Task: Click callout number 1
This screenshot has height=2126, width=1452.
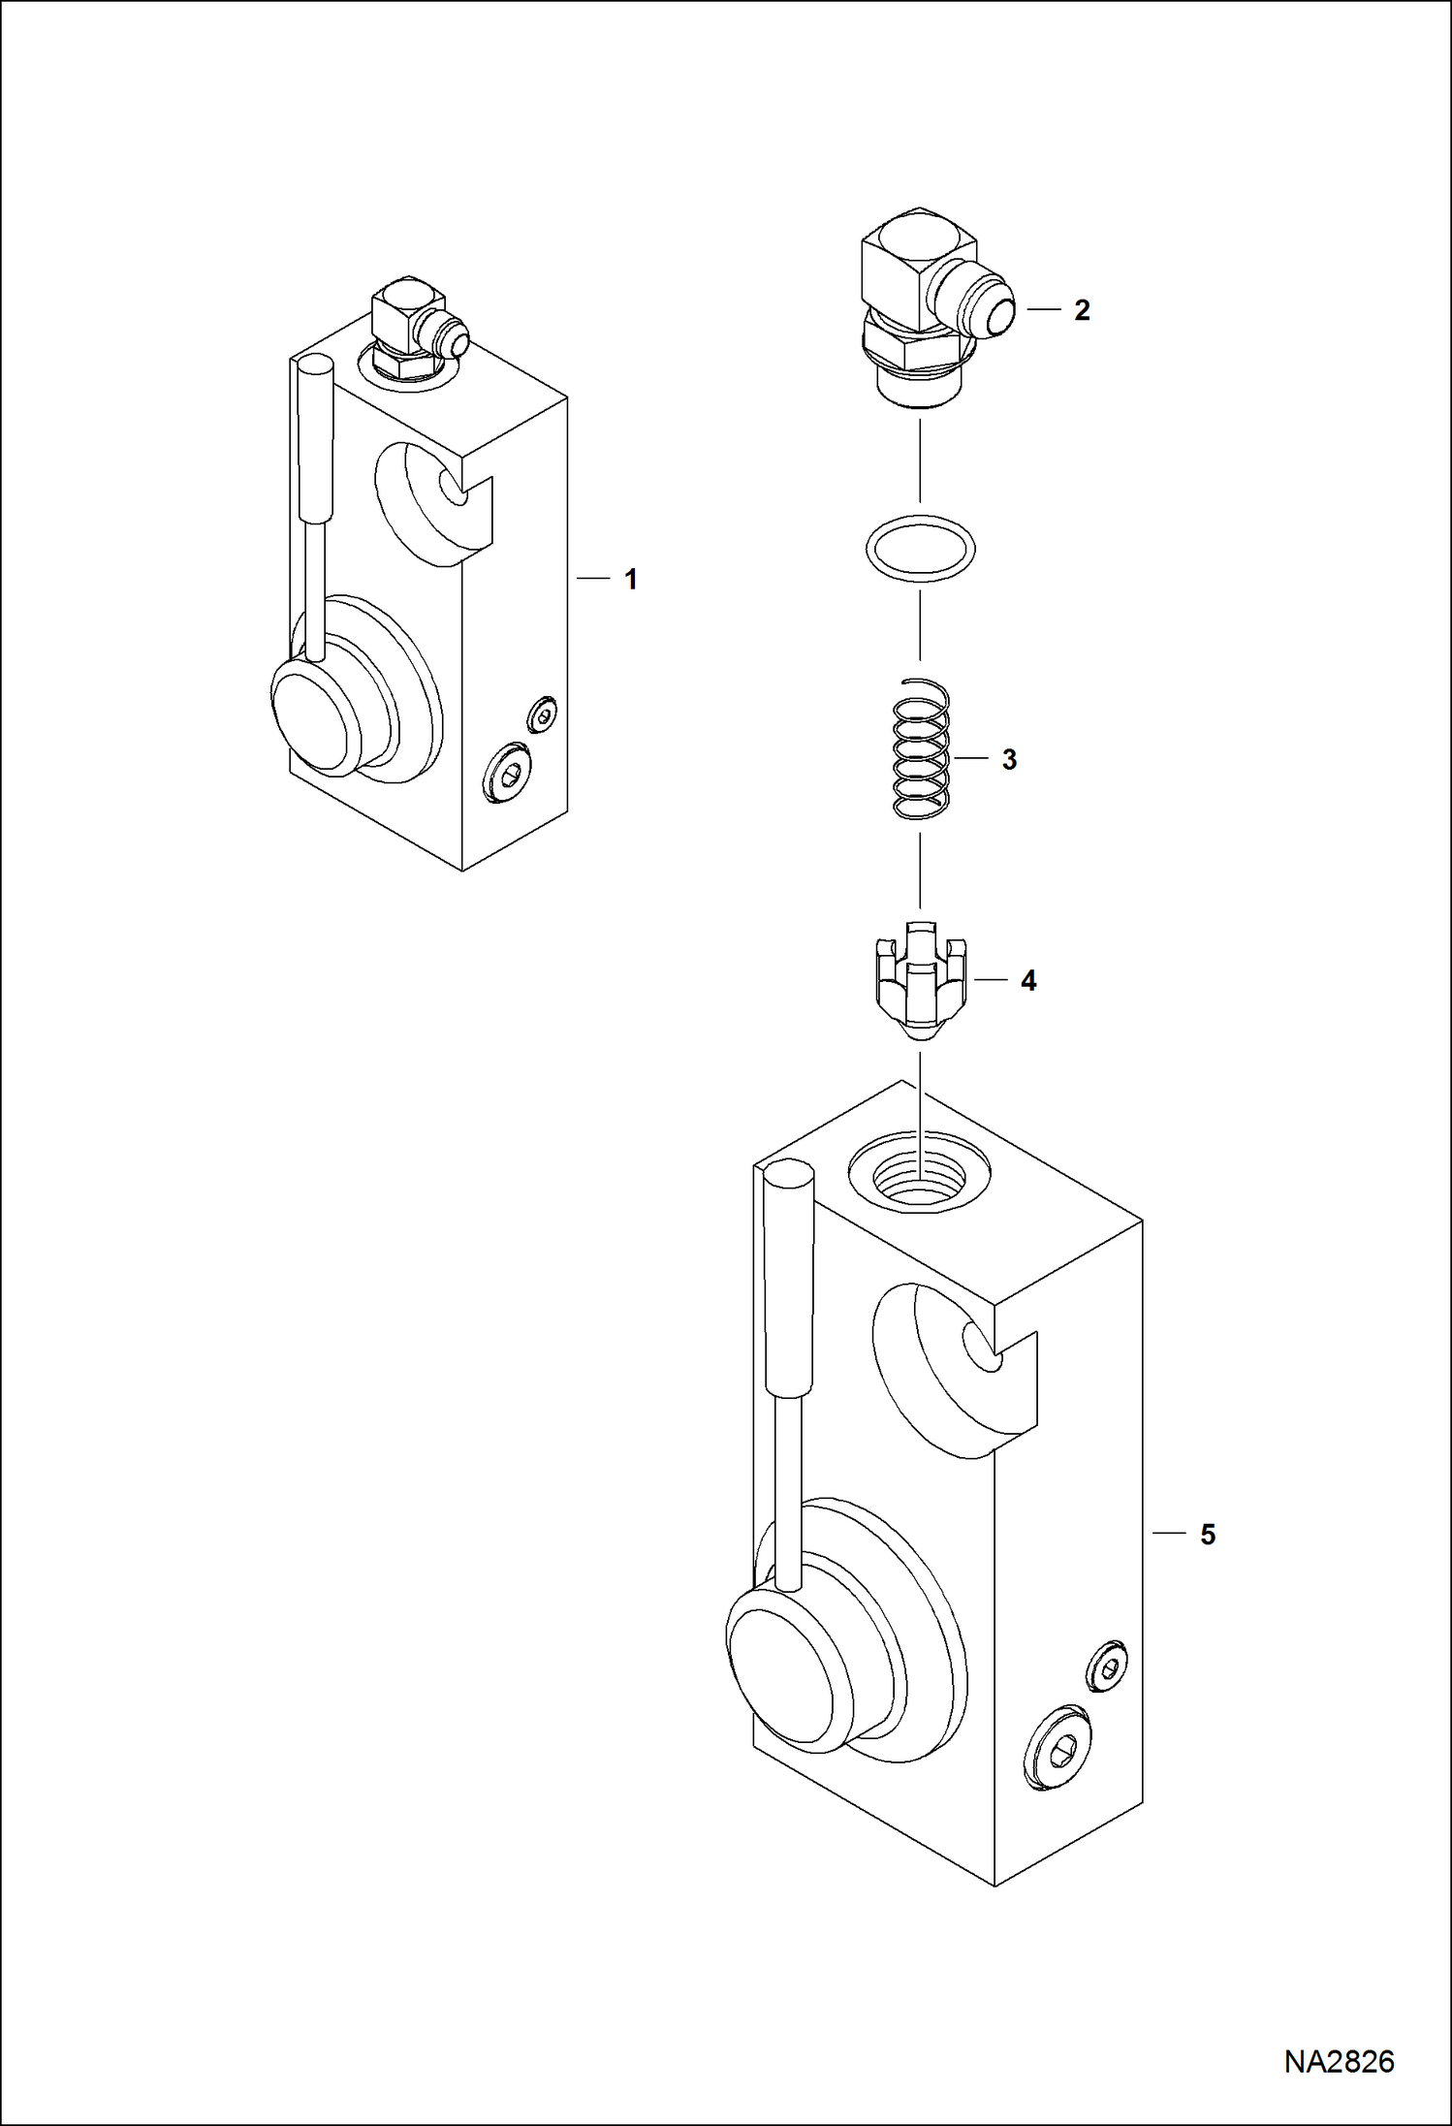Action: (x=631, y=580)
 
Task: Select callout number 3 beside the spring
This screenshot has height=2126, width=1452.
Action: (x=1009, y=760)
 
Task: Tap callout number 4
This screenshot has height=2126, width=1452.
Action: (x=1028, y=981)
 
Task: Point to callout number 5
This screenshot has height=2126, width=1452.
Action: (x=1208, y=1535)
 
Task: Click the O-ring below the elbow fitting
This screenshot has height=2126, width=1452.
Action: (x=920, y=549)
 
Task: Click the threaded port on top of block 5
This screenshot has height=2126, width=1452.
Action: (x=919, y=1173)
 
